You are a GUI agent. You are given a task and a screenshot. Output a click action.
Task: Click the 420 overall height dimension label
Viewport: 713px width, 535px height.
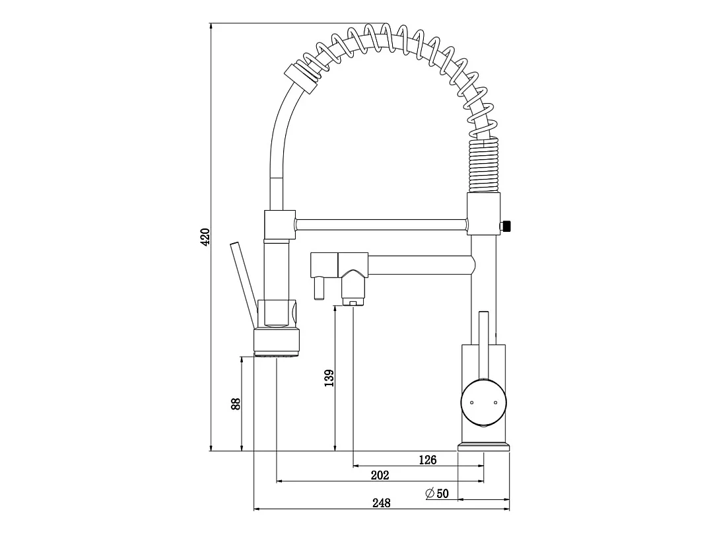coord(205,237)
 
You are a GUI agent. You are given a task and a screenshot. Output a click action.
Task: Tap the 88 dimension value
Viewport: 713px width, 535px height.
coord(236,404)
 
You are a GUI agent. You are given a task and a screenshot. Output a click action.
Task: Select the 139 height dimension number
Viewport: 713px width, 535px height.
coord(329,378)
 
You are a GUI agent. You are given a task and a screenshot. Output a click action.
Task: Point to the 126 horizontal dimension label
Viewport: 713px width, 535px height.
coord(427,460)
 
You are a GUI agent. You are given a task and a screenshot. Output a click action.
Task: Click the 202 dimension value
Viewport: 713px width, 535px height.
coord(380,476)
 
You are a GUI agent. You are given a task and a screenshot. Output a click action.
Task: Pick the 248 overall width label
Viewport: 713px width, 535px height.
coord(382,503)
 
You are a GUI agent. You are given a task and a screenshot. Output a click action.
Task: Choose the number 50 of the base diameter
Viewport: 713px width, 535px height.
coord(443,493)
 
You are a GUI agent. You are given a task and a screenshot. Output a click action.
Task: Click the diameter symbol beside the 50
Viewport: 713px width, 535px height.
coord(430,493)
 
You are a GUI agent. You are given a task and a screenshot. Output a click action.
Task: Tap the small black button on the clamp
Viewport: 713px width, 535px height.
coord(505,225)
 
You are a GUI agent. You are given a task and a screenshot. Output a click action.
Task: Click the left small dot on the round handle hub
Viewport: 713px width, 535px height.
coord(471,403)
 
